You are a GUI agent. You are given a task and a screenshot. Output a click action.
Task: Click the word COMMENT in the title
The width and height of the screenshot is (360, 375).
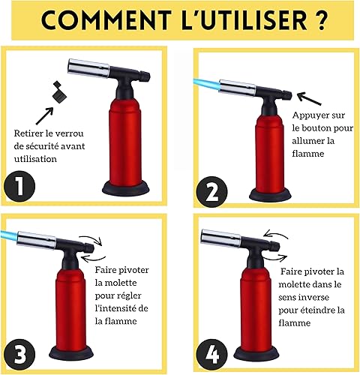click(106, 19)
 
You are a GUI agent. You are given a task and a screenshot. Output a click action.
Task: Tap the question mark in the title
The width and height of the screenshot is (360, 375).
click(319, 19)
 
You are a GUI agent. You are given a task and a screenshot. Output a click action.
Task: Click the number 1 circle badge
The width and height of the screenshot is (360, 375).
click(19, 186)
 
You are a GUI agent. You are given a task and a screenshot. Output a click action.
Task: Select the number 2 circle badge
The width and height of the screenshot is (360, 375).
click(211, 192)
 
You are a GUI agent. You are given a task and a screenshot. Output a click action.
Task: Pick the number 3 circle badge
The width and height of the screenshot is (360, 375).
click(19, 354)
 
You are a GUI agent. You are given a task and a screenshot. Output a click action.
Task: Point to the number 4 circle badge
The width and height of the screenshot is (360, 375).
click(211, 355)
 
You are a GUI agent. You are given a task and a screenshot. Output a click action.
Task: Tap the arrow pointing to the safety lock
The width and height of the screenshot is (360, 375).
click(44, 115)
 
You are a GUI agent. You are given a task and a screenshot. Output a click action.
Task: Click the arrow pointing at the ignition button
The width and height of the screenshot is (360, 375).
click(309, 99)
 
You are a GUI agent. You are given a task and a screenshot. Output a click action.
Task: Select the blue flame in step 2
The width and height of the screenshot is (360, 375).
click(206, 85)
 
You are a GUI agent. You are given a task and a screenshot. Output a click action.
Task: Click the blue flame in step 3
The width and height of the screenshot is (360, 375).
click(9, 235)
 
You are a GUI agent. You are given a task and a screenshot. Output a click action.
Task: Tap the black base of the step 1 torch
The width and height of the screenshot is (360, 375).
click(126, 190)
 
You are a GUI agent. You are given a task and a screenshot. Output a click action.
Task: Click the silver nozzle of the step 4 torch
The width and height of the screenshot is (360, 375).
click(221, 238)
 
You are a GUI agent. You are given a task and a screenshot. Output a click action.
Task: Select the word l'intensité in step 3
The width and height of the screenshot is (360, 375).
click(115, 308)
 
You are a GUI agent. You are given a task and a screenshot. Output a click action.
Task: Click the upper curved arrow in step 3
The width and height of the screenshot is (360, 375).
click(91, 238)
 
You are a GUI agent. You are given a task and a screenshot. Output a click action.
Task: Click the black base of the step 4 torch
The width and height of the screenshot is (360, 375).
click(256, 353)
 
